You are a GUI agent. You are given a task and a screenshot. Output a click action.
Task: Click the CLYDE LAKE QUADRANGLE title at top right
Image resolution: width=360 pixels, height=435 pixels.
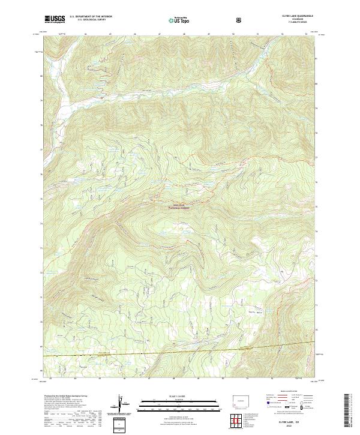(x=296, y=16)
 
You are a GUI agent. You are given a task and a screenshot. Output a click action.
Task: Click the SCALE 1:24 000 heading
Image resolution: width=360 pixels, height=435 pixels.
(x=170, y=395)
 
